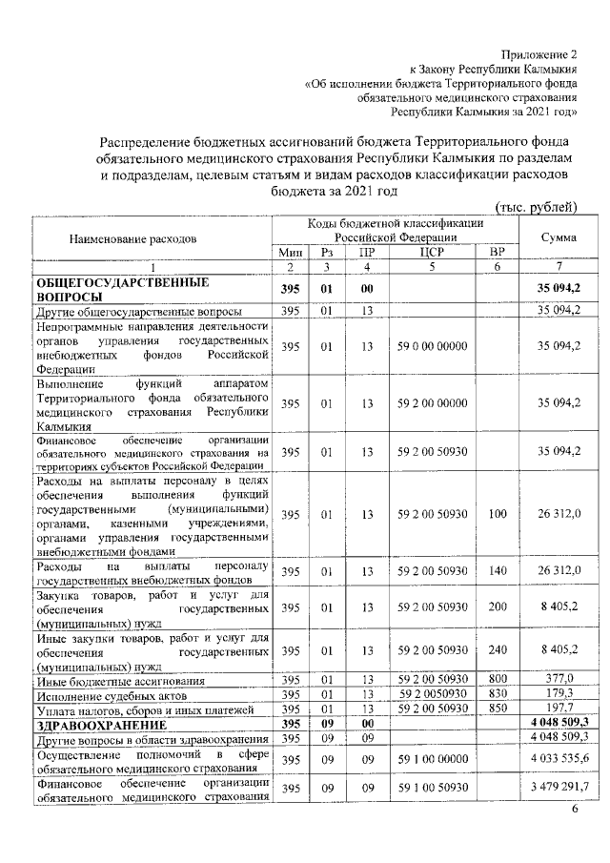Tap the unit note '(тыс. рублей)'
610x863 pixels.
[537, 207]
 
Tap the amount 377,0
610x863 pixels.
[559, 680]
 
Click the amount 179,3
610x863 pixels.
[559, 695]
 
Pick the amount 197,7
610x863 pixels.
[559, 710]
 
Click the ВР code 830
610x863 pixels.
[496, 695]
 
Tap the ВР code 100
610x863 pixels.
[496, 515]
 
